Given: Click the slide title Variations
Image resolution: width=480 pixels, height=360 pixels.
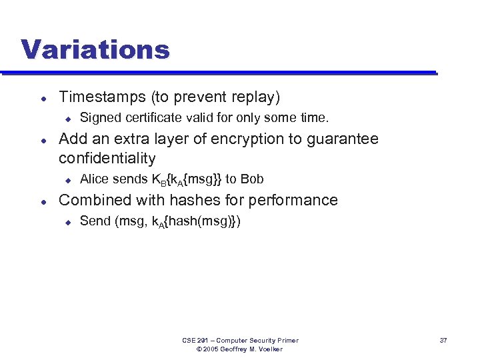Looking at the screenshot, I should [95, 49].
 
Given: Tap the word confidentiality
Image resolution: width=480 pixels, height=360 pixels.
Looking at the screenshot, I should [107, 159].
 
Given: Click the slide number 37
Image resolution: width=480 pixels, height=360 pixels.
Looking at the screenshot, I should [443, 341].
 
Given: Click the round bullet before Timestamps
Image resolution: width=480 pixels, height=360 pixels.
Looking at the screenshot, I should [43, 97].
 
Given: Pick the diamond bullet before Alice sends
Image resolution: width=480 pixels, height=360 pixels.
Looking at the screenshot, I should [67, 179].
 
